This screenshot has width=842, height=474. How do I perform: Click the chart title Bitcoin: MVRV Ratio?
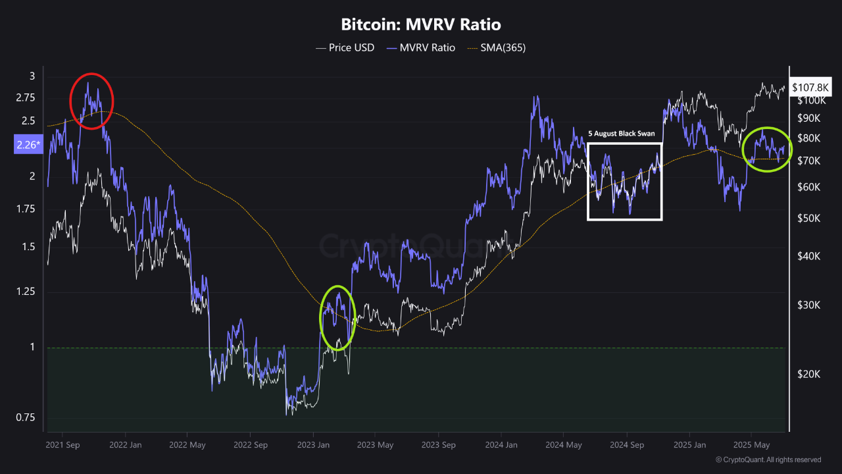tap(421, 25)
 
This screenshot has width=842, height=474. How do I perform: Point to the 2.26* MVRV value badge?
tap(26, 145)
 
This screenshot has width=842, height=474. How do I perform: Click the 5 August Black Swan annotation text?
tap(622, 134)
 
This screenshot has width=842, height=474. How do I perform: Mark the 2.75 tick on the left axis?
tap(26, 97)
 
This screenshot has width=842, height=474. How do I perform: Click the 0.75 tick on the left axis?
tap(26, 417)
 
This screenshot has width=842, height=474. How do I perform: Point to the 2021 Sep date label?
tap(62, 444)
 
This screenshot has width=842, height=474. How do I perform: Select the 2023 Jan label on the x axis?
tap(313, 444)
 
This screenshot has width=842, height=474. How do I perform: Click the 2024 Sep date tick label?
tap(627, 444)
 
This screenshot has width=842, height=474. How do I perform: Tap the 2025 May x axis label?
tap(752, 444)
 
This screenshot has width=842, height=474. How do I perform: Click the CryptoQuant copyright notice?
tap(768, 460)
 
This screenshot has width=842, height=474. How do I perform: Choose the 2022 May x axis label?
tap(187, 444)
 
